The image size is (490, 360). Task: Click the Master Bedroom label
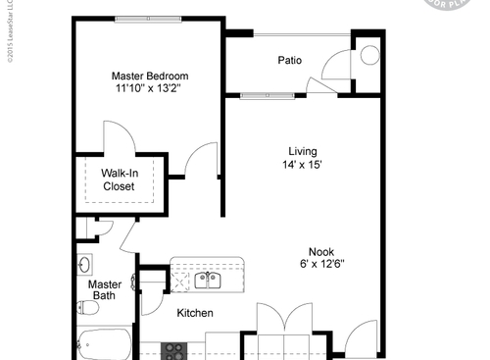[149, 76]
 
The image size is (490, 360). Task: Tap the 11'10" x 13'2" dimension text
[149, 88]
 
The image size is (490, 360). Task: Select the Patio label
[289, 61]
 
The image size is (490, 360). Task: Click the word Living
[303, 150]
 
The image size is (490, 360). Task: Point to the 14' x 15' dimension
[303, 164]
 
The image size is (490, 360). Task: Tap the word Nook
[320, 249]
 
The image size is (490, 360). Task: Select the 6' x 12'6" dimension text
[320, 263]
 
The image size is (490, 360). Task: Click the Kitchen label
[195, 313]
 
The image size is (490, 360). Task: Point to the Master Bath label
[106, 289]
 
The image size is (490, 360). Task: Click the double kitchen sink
[207, 281]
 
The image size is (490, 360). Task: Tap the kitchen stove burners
[174, 349]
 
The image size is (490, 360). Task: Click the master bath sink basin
[84, 265]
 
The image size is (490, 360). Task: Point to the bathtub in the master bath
[103, 346]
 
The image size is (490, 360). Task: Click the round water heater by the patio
[369, 55]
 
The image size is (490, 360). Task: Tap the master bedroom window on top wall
[149, 19]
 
